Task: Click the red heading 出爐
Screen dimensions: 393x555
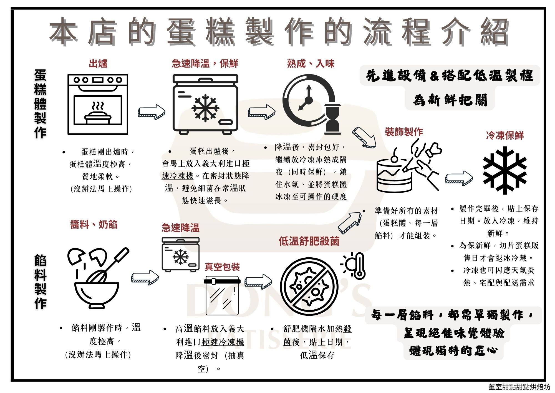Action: [x=98, y=64]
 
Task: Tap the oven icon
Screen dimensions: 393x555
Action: [x=98, y=104]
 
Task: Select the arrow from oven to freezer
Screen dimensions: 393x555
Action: [x=152, y=112]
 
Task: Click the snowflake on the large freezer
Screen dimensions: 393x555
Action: [x=205, y=108]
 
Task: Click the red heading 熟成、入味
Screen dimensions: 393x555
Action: [x=311, y=64]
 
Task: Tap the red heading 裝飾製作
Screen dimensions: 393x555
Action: [x=404, y=132]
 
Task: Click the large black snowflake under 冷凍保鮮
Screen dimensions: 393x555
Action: [x=504, y=170]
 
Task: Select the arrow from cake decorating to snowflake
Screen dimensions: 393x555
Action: [x=459, y=178]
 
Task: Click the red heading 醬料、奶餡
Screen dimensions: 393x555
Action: [x=94, y=224]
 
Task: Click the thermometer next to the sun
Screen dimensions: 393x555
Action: [x=359, y=265]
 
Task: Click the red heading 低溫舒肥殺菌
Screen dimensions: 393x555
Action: [x=309, y=241]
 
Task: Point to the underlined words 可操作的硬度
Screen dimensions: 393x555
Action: [x=323, y=196]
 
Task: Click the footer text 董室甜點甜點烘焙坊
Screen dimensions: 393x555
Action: [x=519, y=387]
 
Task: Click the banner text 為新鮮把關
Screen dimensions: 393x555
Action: [x=450, y=100]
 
